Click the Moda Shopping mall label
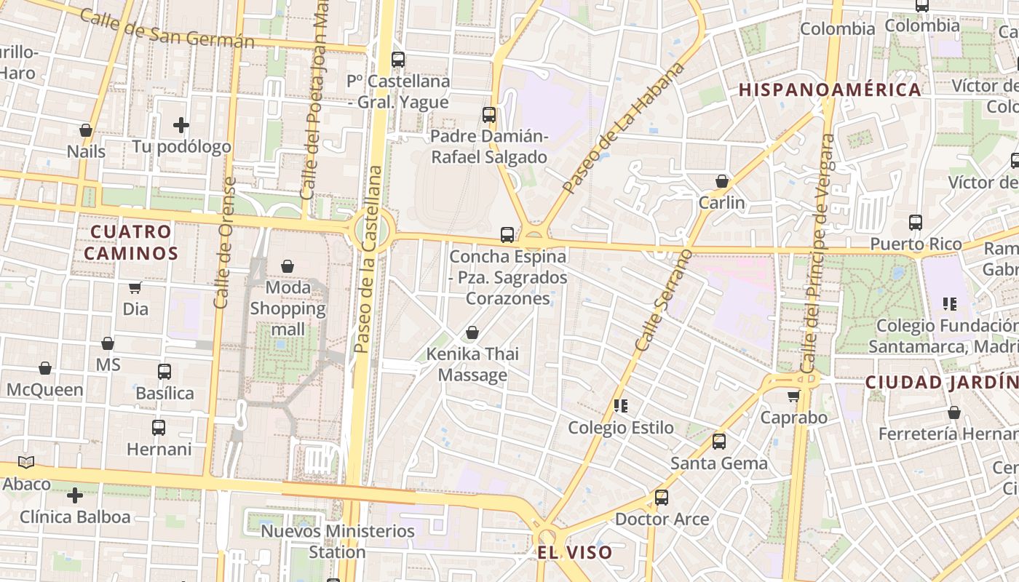[x=288, y=308]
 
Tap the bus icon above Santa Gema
[x=719, y=441]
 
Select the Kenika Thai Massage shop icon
[x=472, y=333]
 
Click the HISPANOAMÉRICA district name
[x=830, y=90]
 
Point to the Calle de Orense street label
[x=223, y=243]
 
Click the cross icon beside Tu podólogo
[x=181, y=125]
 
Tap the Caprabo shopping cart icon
[x=793, y=396]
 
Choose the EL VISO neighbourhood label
[x=575, y=552]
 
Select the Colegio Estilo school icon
[x=621, y=405]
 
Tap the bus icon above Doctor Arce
[x=661, y=498]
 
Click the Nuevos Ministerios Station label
[x=338, y=541]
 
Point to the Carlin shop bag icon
[x=722, y=181]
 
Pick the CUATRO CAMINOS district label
[x=131, y=242]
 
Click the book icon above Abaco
[x=26, y=462]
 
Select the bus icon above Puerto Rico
[x=916, y=223]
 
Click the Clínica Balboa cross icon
[x=74, y=496]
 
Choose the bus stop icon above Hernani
[x=159, y=427]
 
